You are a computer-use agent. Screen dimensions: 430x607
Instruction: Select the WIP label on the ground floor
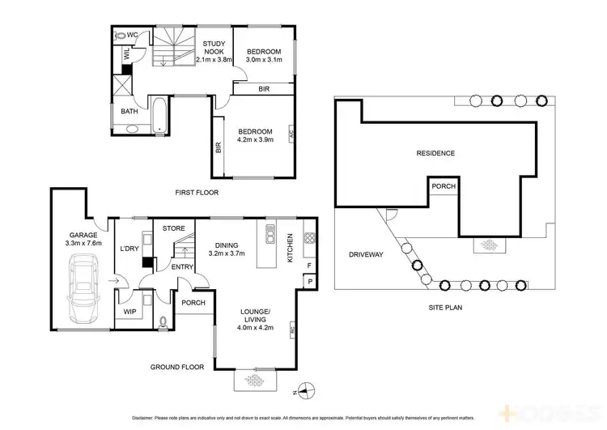(x=129, y=312)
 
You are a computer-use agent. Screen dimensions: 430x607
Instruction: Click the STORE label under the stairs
(x=174, y=228)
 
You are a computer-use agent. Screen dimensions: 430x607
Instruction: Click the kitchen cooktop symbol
(x=309, y=238)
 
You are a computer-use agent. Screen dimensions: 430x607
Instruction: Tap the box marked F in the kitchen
(x=308, y=265)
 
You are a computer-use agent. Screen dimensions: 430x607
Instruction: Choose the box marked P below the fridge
(x=309, y=281)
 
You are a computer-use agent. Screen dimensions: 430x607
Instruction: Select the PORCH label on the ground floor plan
(x=193, y=303)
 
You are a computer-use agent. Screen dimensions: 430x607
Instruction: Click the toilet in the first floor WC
(x=121, y=36)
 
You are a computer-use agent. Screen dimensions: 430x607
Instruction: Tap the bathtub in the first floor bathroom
(x=159, y=115)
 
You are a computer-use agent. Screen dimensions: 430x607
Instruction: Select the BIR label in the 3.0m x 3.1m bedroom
(x=263, y=89)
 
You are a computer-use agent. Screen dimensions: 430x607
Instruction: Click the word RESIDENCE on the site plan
(x=435, y=153)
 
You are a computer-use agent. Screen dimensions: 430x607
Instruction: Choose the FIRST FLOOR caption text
(x=197, y=193)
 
